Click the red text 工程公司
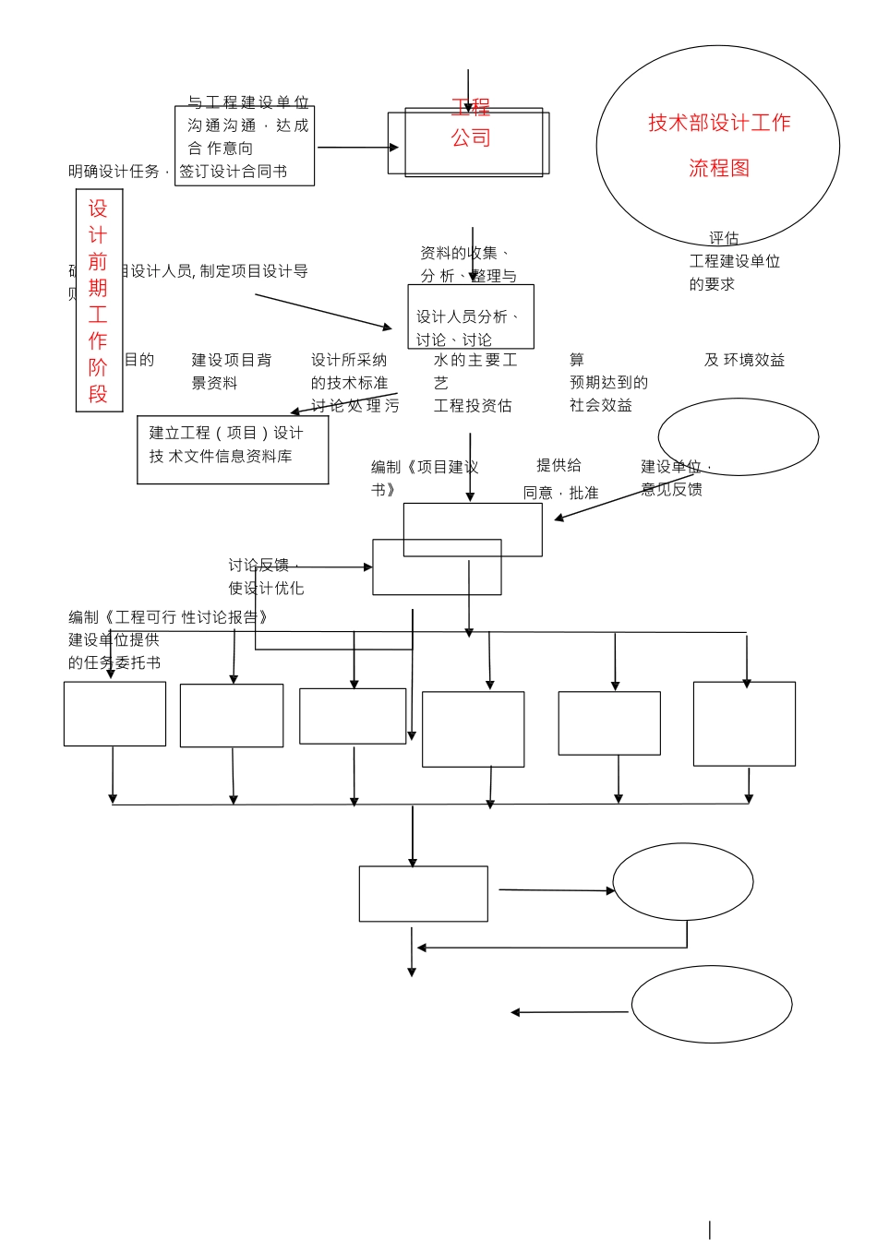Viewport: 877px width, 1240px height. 471,124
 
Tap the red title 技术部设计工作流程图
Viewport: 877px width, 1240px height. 719,145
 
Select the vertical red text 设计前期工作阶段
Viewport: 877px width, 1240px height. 99,301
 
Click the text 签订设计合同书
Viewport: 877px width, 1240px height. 234,172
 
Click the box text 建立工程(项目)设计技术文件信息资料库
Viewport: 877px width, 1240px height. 226,445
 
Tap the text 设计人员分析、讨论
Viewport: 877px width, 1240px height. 466,328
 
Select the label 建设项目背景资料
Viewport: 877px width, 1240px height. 231,371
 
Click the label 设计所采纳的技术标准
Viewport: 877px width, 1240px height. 349,371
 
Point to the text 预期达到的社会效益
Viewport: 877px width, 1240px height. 608,393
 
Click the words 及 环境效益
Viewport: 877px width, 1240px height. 744,360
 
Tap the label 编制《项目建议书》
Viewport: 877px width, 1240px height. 424,478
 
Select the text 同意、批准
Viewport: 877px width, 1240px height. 560,494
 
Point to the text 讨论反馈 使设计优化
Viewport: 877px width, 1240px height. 266,577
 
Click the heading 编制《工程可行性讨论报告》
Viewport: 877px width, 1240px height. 168,617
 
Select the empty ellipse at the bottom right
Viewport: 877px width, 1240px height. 712,1005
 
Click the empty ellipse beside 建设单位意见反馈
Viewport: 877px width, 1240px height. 739,436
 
